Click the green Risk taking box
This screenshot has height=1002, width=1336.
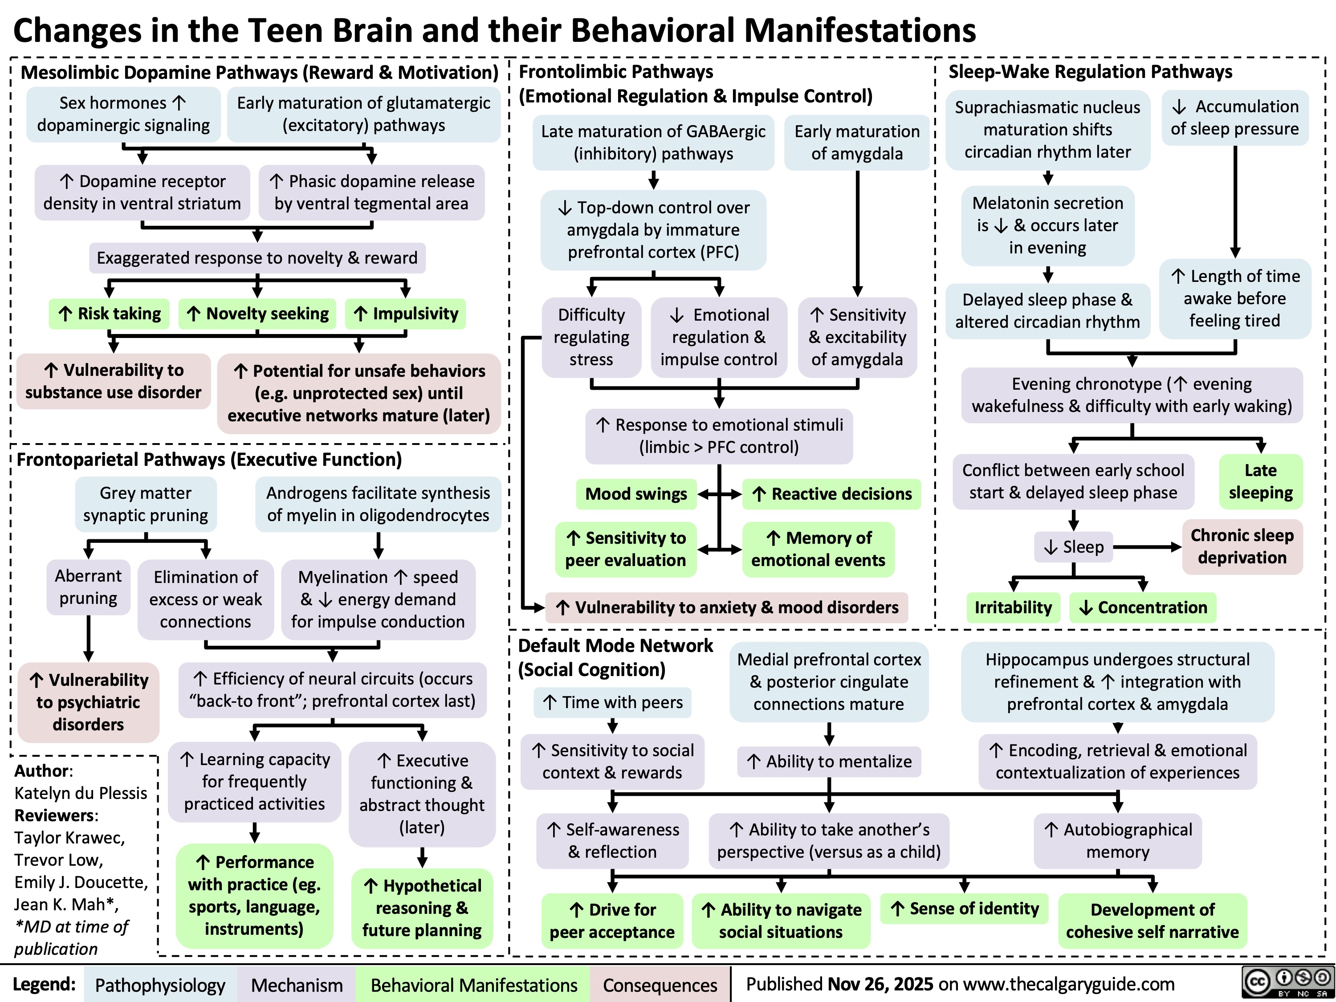pos(109,314)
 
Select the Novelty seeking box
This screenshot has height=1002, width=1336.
pos(257,314)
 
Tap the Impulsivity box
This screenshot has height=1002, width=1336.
pos(406,314)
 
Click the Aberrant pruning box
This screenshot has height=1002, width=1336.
pos(88,587)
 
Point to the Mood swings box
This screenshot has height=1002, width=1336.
pos(636,494)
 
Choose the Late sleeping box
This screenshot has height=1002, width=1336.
pos(1260,481)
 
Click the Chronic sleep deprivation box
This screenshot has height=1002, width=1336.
pos(1242,546)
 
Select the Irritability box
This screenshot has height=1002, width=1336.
pos(1013,607)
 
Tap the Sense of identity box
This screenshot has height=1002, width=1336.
pos(965,908)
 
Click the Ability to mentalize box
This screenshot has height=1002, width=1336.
pos(829,761)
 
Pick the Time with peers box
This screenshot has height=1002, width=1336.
pos(612,702)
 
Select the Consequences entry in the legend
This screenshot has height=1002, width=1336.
pos(660,985)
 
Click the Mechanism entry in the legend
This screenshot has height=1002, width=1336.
pos(297,985)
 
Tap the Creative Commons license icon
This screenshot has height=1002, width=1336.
pos(1288,983)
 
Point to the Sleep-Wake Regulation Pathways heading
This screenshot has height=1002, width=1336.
pos(1090,72)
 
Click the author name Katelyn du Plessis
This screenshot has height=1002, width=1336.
pos(80,793)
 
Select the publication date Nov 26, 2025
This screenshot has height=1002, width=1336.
pos(880,984)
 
